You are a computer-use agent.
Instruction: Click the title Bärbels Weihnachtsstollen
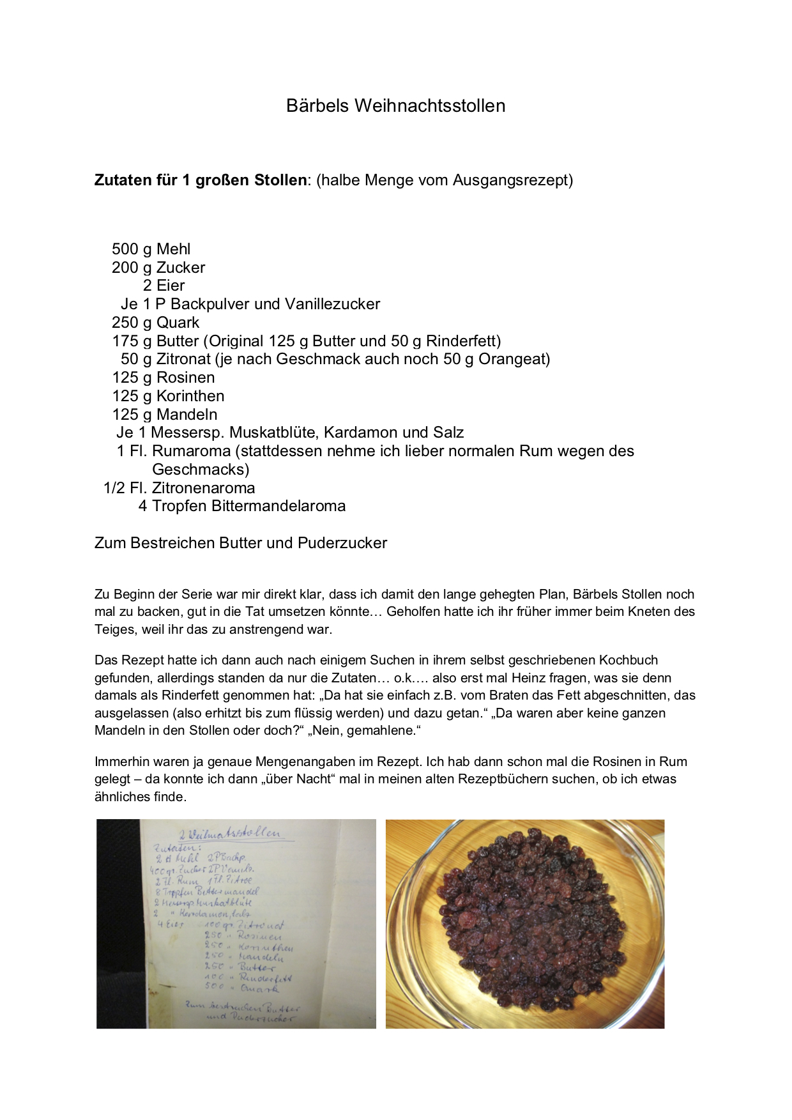pos(395,105)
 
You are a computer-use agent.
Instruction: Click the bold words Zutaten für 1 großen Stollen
pos(200,180)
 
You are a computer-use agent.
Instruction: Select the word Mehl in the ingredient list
pos(173,249)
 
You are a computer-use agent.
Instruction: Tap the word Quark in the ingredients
pos(178,323)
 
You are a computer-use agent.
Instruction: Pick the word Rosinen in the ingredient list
pos(185,378)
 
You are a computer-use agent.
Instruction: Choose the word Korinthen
pos(190,396)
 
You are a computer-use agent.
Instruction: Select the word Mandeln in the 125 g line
pos(187,415)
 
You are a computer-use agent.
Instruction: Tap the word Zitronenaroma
pos(203,488)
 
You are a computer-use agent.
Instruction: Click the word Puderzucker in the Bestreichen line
pos(342,543)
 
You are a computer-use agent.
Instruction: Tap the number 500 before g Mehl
pos(125,249)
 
